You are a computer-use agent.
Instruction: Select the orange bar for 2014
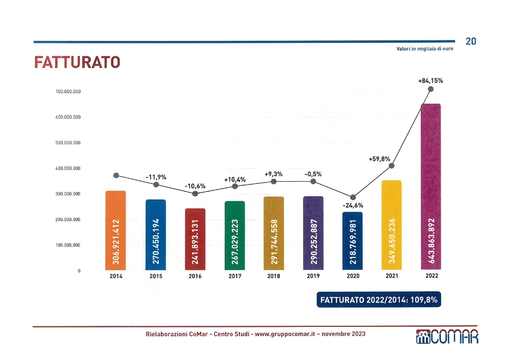116,231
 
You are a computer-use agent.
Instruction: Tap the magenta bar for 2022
431,187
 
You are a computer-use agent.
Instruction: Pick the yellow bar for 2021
392,225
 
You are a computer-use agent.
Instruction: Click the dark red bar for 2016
195,239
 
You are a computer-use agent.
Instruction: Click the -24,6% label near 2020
353,205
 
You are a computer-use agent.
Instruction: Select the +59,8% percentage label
379,159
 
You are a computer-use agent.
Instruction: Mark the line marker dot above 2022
431,89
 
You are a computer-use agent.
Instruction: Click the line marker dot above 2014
116,176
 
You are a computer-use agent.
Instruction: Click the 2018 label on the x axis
274,276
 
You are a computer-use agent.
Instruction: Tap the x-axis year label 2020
353,276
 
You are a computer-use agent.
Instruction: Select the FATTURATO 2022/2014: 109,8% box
379,300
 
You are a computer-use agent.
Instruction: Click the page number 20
471,41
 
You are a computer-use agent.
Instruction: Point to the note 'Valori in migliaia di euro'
425,49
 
